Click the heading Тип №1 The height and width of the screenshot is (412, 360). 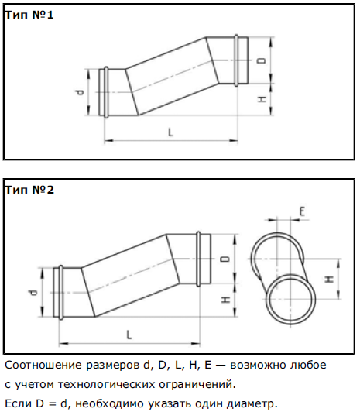pyautogui.click(x=29, y=15)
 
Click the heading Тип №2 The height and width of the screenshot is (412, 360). pyautogui.click(x=29, y=190)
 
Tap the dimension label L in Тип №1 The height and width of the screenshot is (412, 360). pyautogui.click(x=170, y=132)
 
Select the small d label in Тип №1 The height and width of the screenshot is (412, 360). pyautogui.click(x=81, y=92)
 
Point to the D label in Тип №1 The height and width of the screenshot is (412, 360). pyautogui.click(x=262, y=61)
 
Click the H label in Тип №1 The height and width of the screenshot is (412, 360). pyautogui.click(x=262, y=99)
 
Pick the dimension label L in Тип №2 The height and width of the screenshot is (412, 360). pyautogui.click(x=129, y=335)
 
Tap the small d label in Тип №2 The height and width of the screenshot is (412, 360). pyautogui.click(x=33, y=292)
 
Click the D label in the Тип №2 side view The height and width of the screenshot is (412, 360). pyautogui.click(x=225, y=259)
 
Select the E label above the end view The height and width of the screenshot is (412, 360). pyautogui.click(x=302, y=211)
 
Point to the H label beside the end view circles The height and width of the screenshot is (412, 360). pyautogui.click(x=330, y=279)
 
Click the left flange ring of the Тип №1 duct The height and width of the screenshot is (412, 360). pyautogui.click(x=106, y=92)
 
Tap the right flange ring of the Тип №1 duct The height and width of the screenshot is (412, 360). pyautogui.click(x=237, y=60)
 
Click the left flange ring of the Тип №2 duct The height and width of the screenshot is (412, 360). pyautogui.click(x=61, y=292)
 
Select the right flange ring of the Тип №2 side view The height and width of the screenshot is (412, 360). pyautogui.click(x=198, y=259)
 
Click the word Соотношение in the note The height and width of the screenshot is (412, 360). pyautogui.click(x=43, y=365)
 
